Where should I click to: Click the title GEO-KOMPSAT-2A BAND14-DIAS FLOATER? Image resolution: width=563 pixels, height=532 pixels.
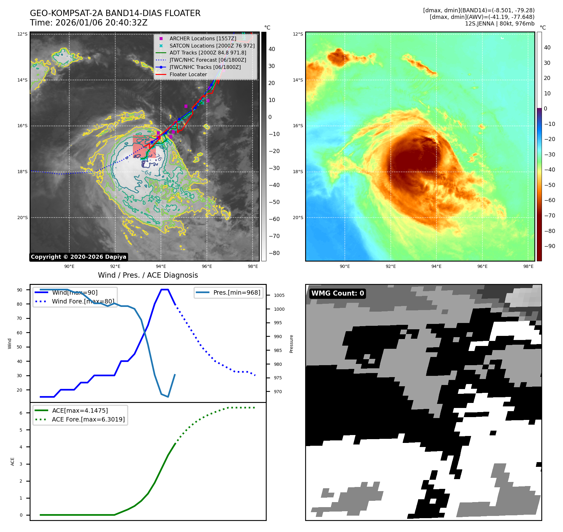115,13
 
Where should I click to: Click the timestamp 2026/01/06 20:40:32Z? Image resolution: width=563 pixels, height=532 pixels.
101,23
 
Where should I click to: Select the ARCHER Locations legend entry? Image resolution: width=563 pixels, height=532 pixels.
202,38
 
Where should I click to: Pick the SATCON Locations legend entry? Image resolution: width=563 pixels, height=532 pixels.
212,46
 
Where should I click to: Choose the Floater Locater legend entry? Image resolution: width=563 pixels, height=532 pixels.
188,74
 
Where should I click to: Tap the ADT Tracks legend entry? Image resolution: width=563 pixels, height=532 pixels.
208,53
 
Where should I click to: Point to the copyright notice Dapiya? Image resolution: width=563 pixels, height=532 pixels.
78,257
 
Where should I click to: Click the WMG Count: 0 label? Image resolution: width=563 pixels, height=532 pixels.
338,293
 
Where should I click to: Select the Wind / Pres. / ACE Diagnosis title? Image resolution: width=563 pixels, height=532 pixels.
148,275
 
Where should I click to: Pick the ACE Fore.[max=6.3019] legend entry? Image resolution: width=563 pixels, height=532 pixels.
88,419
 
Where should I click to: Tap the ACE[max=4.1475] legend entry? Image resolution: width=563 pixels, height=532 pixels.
80,410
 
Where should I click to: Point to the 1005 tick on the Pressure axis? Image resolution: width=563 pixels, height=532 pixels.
279,295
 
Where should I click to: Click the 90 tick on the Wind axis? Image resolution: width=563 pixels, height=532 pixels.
20,290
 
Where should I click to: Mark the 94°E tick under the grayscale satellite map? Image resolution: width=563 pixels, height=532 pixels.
161,266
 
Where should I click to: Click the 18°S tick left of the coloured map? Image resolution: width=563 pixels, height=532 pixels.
298,172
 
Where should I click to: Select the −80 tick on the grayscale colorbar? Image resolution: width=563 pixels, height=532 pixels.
274,253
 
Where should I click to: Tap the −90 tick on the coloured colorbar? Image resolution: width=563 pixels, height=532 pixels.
549,246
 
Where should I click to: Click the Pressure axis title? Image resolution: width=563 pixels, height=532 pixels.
291,344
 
